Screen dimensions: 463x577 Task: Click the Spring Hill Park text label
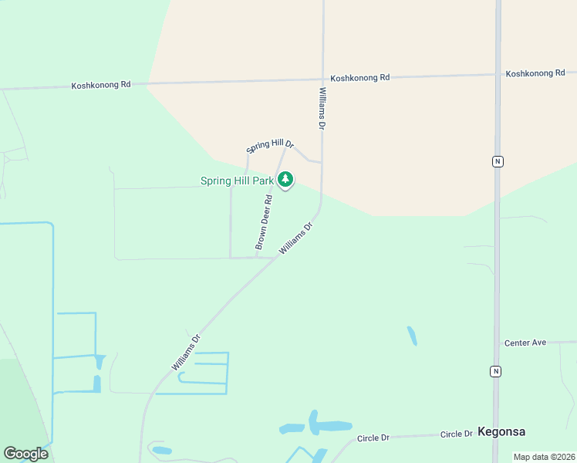click(237, 181)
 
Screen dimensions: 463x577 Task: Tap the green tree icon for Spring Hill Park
click(285, 180)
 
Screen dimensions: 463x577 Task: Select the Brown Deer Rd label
click(265, 221)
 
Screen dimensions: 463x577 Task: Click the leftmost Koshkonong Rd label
click(100, 85)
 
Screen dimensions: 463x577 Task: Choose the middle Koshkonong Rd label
click(360, 78)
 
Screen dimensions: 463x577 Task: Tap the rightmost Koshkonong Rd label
click(535, 73)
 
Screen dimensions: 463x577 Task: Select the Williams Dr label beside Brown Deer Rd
click(296, 238)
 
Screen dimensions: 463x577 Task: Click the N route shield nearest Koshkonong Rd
click(498, 161)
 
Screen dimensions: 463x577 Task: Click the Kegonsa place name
click(502, 431)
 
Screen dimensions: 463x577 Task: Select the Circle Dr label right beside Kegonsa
click(456, 434)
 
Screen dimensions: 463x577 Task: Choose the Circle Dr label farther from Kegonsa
click(373, 438)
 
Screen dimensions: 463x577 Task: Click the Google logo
click(25, 454)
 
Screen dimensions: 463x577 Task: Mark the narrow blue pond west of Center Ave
click(412, 336)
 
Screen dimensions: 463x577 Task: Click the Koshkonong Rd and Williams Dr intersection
click(323, 77)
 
